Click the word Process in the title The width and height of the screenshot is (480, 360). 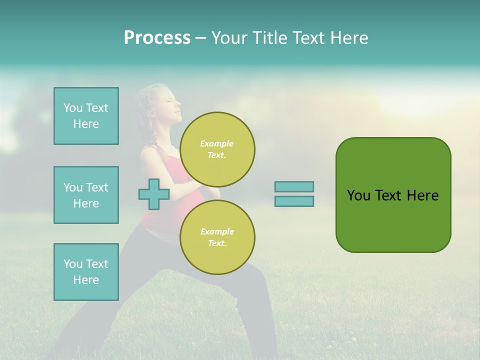coord(157,38)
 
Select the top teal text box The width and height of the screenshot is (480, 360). coord(86,116)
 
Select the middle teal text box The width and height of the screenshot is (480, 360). coord(86,195)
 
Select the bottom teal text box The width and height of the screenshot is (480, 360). coord(86,272)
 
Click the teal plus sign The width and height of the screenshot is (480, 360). coord(154,194)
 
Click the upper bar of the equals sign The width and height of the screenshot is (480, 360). coord(294,186)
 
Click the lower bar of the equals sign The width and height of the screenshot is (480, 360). coord(294,201)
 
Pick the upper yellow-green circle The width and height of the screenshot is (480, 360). coord(217,149)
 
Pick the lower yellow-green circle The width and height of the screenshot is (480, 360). coord(217,237)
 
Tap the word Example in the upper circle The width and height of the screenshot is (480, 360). coord(217,143)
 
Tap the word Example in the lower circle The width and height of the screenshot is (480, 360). coord(217,231)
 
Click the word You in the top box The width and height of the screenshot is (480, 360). coord(73,108)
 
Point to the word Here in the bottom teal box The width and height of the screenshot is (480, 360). coord(86,280)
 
